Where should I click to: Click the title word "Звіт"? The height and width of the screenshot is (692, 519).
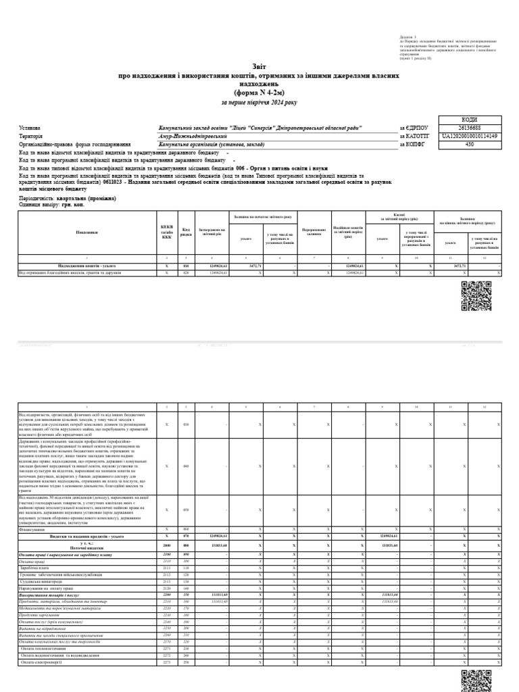point(259,67)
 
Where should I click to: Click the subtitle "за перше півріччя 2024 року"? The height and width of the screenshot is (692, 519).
point(259,103)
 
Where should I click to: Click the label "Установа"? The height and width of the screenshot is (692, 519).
point(30,128)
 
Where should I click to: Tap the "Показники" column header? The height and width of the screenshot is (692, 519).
point(87,232)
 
